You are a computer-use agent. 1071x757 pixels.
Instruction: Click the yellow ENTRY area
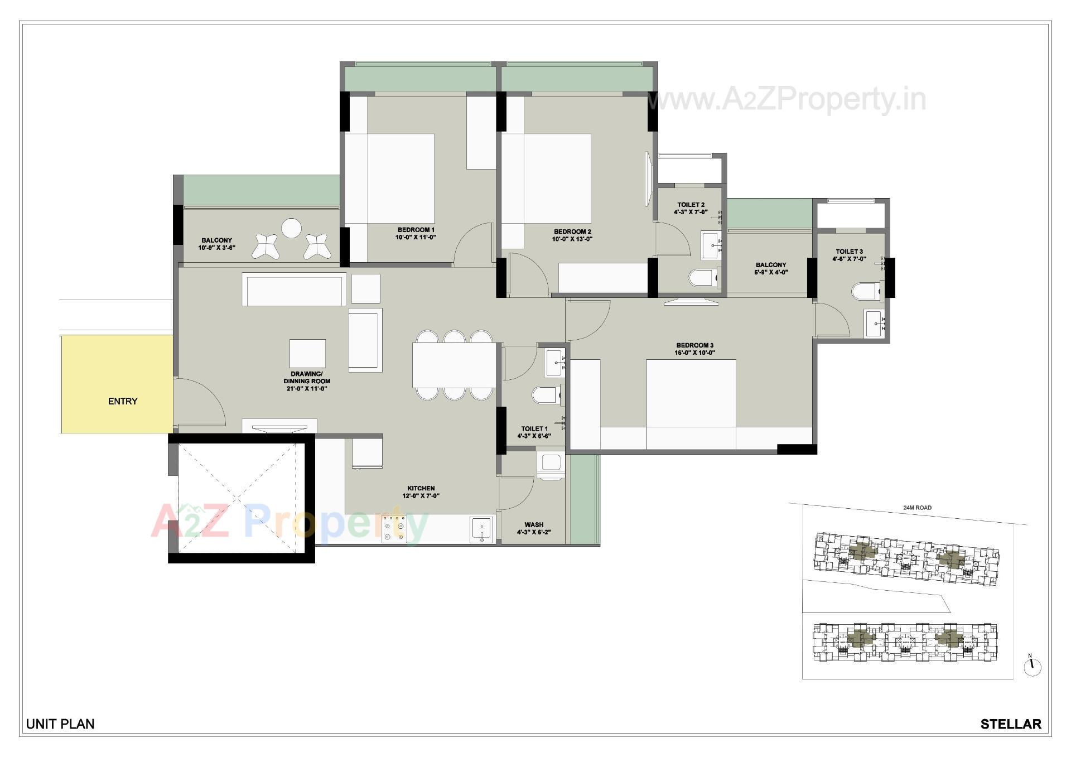pyautogui.click(x=117, y=384)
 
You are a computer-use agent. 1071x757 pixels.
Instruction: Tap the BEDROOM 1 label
pyautogui.click(x=416, y=230)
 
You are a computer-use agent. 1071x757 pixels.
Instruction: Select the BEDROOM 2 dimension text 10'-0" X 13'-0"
pyautogui.click(x=572, y=239)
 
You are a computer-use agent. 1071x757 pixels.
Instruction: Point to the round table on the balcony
pyautogui.click(x=291, y=228)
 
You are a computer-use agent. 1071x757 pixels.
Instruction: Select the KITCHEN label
pyautogui.click(x=421, y=488)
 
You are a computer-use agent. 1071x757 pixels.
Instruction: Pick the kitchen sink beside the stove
pyautogui.click(x=481, y=528)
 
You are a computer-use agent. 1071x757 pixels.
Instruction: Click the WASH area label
pyautogui.click(x=534, y=525)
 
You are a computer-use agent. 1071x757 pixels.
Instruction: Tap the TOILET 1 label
pyautogui.click(x=534, y=429)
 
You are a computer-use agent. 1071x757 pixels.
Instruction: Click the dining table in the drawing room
pyautogui.click(x=454, y=365)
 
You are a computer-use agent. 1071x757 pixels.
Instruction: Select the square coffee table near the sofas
pyautogui.click(x=307, y=354)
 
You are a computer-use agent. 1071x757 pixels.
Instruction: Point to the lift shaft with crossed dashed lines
pyautogui.click(x=241, y=498)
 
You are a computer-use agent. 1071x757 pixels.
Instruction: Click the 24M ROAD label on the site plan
pyautogui.click(x=917, y=508)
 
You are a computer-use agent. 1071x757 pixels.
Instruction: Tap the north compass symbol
pyautogui.click(x=1033, y=666)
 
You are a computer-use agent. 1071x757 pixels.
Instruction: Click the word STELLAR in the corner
pyautogui.click(x=1010, y=724)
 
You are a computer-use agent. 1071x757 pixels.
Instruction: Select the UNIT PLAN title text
pyautogui.click(x=60, y=724)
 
